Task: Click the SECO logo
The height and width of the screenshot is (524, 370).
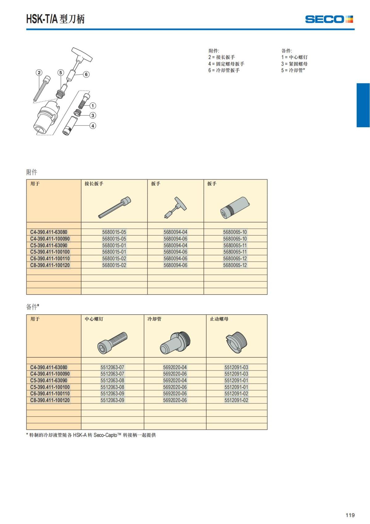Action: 329,19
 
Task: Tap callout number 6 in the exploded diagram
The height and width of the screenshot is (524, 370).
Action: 86,74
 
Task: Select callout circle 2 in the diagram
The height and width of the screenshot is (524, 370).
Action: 39,73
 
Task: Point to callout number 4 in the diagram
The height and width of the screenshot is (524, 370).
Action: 93,126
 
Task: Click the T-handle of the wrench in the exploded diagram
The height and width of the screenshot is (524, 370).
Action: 82,54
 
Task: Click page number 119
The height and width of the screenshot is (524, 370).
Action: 350,515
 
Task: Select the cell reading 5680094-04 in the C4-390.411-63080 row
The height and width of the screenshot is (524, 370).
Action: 175,232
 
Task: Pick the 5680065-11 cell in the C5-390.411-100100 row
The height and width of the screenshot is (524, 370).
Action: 235,252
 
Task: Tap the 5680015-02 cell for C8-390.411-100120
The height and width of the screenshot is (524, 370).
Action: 114,265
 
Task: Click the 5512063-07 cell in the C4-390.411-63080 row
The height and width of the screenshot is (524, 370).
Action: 112,367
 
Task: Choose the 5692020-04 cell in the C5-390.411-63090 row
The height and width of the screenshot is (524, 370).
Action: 175,381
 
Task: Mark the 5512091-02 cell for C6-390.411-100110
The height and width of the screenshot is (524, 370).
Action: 236,394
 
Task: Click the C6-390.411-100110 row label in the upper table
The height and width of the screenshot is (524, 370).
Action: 50,258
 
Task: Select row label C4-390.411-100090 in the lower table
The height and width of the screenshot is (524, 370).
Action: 50,374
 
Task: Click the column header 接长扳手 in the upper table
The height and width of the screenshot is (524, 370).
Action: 94,184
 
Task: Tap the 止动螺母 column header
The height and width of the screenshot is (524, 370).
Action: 219,319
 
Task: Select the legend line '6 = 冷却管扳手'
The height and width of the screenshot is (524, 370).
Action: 224,70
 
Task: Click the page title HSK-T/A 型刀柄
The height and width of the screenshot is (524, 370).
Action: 55,19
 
